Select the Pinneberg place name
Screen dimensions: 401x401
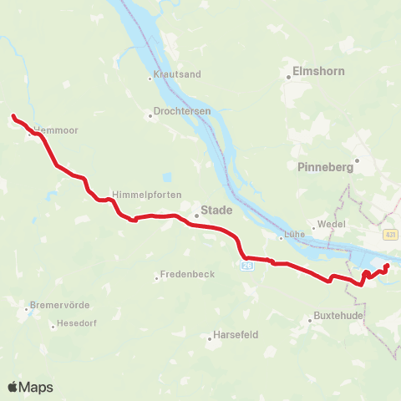(325, 166)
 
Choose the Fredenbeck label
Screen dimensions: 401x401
(187, 274)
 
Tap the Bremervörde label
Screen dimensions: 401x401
(59, 304)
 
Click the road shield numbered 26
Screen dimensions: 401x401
(246, 265)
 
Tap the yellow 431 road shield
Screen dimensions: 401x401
(391, 235)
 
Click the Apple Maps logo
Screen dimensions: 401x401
(30, 387)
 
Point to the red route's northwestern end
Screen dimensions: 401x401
(13, 116)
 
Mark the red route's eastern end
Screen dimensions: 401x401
(388, 266)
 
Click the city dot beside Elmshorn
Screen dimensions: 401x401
(288, 78)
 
